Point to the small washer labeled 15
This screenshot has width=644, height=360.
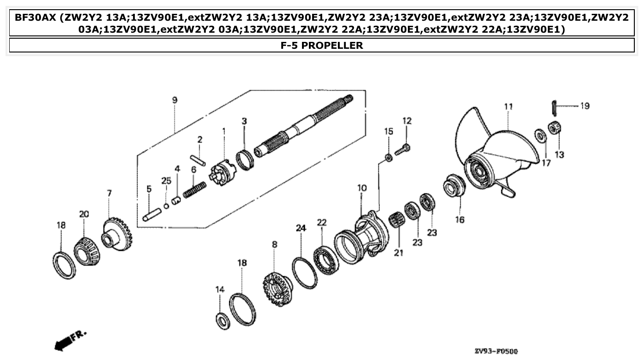point(389,158)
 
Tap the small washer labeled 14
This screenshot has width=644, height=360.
point(222,320)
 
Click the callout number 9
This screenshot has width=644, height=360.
point(174,100)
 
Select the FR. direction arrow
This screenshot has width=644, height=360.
point(69,339)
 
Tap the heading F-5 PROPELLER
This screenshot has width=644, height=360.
point(322,45)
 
